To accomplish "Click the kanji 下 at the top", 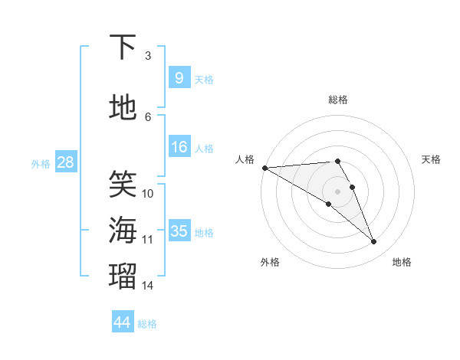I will coord(123,47).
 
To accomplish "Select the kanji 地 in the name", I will coord(123,108).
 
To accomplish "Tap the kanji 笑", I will coord(123,184).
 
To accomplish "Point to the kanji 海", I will coord(123,231).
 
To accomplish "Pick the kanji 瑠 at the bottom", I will coord(123,277).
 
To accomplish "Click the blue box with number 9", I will coord(179,78).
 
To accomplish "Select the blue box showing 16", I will coord(179,147).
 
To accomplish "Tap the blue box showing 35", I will coord(179,231).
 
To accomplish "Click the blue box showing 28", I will coord(65,162).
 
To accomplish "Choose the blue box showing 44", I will coord(122,322).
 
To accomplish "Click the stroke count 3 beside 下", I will coord(148,55).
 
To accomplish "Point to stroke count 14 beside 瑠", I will coord(148,285).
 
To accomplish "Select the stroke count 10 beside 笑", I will coord(148,193).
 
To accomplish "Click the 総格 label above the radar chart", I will coord(337,100).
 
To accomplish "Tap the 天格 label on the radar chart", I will coord(432,159).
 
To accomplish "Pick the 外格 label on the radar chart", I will coord(270,262).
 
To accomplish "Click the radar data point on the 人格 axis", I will coord(264,168).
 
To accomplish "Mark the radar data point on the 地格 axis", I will coord(374,242).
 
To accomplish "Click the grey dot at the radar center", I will coord(337,191).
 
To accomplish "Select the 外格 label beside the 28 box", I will coord(41,163).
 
